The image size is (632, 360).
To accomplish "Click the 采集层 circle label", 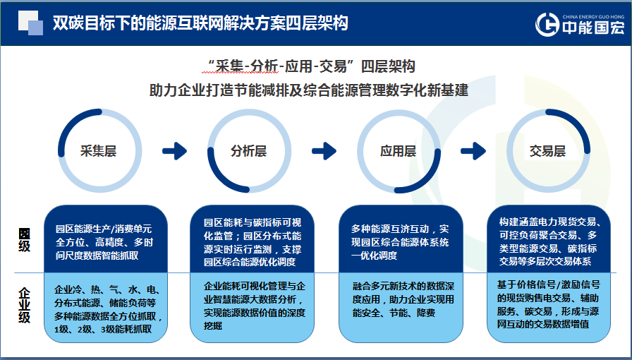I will (97, 151).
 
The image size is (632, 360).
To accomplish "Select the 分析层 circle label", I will (248, 151).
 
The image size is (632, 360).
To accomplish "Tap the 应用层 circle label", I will (398, 151).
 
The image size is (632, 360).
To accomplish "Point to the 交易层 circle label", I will (547, 151).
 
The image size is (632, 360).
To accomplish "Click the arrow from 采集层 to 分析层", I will (174, 150).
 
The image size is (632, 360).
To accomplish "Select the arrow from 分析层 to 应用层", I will (324, 150).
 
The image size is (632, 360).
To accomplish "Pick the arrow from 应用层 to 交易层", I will (473, 150).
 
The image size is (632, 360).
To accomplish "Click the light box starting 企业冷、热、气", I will (104, 309).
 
